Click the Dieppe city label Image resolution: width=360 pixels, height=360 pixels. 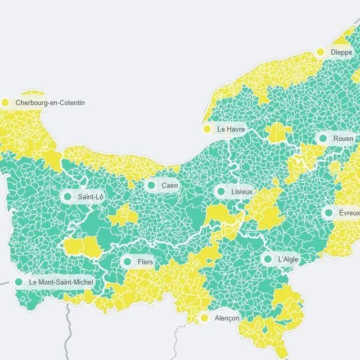(x=341, y=52)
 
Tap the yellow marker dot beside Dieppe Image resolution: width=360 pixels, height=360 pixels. (x=321, y=52)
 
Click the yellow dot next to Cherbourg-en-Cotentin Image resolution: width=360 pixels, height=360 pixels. (x=6, y=103)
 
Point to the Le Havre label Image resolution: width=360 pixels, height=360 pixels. (x=231, y=129)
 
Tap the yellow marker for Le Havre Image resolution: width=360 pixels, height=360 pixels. (x=207, y=129)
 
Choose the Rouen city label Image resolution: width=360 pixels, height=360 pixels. (x=343, y=138)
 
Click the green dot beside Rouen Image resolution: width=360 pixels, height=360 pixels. (x=323, y=138)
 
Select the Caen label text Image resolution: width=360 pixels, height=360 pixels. (x=170, y=185)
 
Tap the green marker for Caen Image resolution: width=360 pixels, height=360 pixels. (x=151, y=185)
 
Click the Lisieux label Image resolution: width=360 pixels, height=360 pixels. (x=242, y=192)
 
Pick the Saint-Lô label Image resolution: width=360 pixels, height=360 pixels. (x=91, y=197)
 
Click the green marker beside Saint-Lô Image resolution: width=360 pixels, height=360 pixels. (x=68, y=197)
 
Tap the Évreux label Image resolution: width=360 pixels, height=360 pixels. (x=349, y=213)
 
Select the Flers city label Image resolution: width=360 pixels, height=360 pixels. (x=145, y=262)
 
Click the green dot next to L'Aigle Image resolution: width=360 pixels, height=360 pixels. (x=268, y=259)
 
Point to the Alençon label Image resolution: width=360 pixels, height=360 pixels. (x=227, y=318)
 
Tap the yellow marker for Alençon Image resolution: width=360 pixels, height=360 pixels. (x=205, y=318)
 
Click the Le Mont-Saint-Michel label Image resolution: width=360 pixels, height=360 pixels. (x=61, y=282)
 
